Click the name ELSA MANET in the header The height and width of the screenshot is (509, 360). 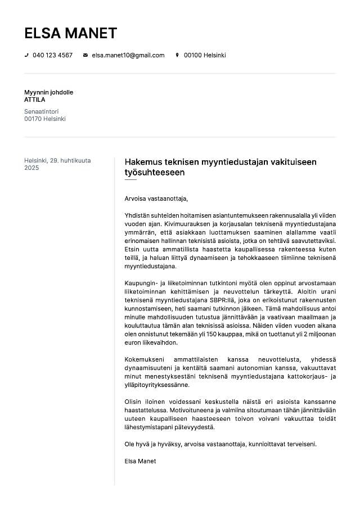coord(70,33)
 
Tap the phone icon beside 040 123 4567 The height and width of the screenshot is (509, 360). coord(26,55)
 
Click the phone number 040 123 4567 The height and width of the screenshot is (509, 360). coord(52,55)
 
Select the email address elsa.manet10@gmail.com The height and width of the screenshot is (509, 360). coord(128,55)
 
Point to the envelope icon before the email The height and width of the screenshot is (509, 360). coord(85,55)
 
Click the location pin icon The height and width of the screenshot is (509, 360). coord(177,55)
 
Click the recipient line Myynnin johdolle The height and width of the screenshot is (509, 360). coord(48,92)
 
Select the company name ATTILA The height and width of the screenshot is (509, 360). coord(35,100)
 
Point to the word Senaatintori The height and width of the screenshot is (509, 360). coord(41,111)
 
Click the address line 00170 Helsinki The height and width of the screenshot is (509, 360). coord(45,119)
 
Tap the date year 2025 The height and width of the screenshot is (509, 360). coord(31,168)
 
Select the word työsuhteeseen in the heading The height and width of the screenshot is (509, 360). coord(154,173)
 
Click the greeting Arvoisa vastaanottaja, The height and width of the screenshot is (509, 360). coord(156,198)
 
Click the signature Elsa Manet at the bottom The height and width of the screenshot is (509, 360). coord(140,461)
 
